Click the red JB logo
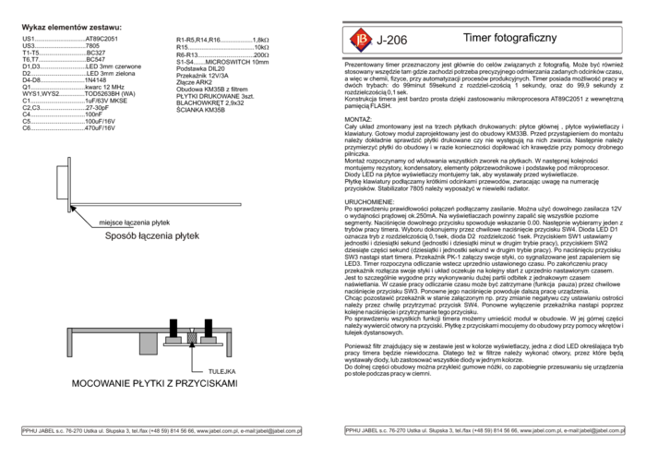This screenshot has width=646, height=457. click(x=361, y=40)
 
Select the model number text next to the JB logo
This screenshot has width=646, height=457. click(x=393, y=40)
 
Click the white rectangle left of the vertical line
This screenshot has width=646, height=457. click(x=62, y=182)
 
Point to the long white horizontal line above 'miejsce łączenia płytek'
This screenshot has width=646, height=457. click(x=155, y=204)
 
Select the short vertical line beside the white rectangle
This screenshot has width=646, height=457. click(x=68, y=184)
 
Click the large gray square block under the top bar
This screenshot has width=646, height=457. click(x=148, y=343)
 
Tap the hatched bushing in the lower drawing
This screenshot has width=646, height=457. click(x=192, y=338)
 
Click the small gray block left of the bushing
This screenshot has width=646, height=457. click(x=173, y=341)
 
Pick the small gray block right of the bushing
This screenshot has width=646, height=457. click(x=209, y=341)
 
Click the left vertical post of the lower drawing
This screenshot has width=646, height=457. click(x=69, y=343)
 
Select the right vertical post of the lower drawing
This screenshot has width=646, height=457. click(x=229, y=343)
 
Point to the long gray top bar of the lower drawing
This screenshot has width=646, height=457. click(x=120, y=330)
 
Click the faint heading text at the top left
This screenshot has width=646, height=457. click(x=71, y=27)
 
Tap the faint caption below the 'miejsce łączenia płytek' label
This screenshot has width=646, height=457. click(x=152, y=236)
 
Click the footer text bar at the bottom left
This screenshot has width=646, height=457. click(x=161, y=431)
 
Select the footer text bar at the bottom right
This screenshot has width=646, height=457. click(x=484, y=430)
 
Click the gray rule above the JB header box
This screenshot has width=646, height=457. click(x=482, y=21)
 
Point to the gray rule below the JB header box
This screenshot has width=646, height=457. click(x=482, y=58)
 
